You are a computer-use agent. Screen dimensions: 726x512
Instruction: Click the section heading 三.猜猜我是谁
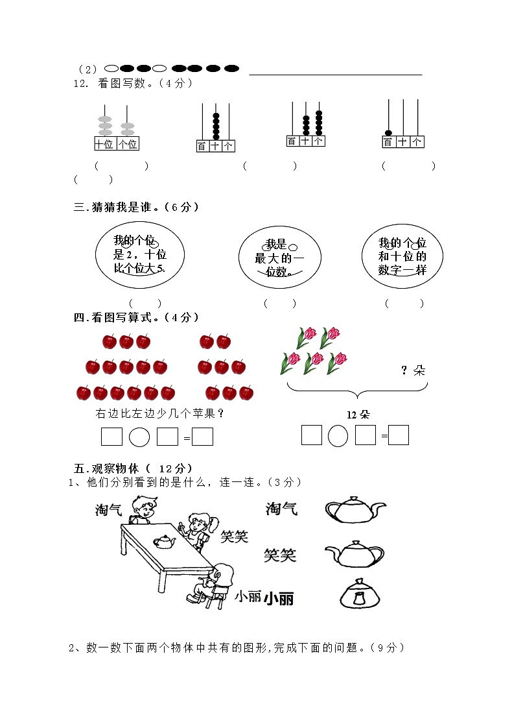[x=136, y=208]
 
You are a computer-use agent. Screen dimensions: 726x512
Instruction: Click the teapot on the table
[x=165, y=540]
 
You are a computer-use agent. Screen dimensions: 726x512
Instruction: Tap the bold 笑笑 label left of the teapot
[x=280, y=555]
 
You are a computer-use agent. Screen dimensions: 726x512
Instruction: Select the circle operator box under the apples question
[x=139, y=437]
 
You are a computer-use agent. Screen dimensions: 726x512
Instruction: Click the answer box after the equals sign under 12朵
[x=399, y=435]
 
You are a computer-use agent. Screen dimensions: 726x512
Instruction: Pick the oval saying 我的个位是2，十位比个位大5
[x=139, y=254]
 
